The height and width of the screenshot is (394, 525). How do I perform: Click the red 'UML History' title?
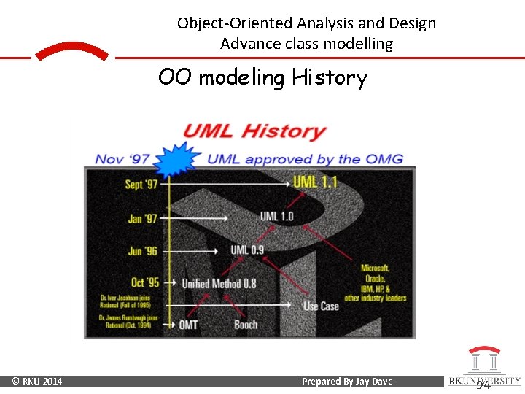pyautogui.click(x=254, y=132)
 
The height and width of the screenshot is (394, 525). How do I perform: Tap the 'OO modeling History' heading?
pyautogui.click(x=262, y=77)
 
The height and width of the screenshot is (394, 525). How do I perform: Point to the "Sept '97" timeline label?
pyautogui.click(x=141, y=184)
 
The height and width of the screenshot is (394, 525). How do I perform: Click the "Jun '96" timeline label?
pyautogui.click(x=143, y=250)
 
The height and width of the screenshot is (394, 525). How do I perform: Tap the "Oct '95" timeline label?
pyautogui.click(x=144, y=282)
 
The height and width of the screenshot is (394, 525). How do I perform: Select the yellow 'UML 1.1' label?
pyautogui.click(x=315, y=182)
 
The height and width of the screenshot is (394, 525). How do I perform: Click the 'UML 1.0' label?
pyautogui.click(x=276, y=216)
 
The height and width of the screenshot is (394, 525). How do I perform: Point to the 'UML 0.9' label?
pyautogui.click(x=247, y=250)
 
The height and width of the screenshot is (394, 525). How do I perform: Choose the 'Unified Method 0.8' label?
pyautogui.click(x=219, y=283)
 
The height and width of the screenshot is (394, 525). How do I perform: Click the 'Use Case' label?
pyautogui.click(x=320, y=306)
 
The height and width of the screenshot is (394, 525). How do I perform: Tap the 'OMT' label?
pyautogui.click(x=187, y=324)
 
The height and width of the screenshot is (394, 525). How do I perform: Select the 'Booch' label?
pyautogui.click(x=246, y=324)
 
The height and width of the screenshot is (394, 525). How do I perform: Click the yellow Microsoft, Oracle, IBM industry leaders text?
pyautogui.click(x=376, y=283)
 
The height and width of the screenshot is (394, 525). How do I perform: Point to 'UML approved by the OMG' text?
pyautogui.click(x=305, y=159)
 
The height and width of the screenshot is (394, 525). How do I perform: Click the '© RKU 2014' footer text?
pyautogui.click(x=37, y=382)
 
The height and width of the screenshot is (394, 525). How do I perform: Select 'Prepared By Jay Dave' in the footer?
pyautogui.click(x=347, y=382)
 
